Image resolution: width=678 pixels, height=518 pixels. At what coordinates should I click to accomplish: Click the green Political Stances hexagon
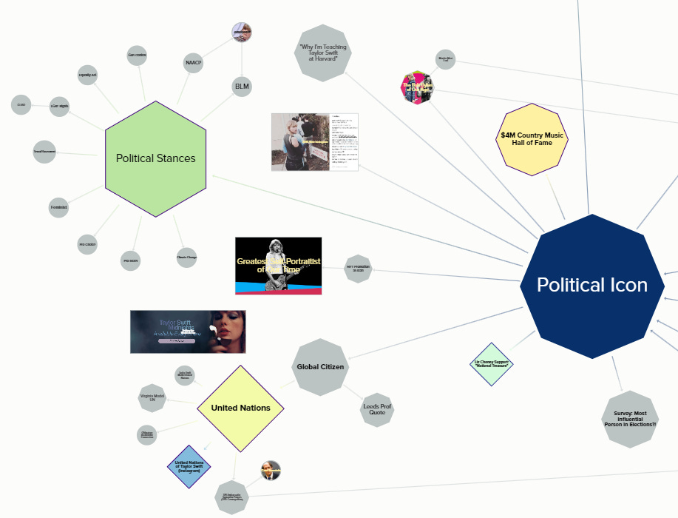click(x=155, y=158)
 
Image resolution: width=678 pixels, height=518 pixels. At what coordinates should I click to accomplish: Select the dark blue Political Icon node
click(x=591, y=286)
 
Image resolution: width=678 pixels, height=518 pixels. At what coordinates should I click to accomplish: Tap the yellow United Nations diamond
click(x=240, y=408)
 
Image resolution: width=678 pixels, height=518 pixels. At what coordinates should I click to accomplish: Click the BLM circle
click(x=242, y=87)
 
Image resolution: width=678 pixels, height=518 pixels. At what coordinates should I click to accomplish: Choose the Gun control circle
click(x=136, y=54)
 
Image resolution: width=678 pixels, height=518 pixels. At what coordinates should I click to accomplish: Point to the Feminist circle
click(x=59, y=208)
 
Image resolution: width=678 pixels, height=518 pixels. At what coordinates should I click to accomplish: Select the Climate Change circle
click(x=186, y=258)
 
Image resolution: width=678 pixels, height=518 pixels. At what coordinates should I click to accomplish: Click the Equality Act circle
click(x=88, y=75)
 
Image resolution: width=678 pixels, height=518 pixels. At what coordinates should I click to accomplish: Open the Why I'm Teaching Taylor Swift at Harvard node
click(x=322, y=53)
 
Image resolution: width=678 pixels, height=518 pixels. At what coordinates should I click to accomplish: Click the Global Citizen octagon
click(x=320, y=367)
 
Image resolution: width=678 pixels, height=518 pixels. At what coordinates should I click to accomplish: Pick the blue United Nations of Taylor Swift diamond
click(x=189, y=466)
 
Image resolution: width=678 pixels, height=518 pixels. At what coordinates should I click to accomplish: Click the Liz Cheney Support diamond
click(x=492, y=364)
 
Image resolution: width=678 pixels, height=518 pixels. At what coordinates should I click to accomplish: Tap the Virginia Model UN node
click(x=152, y=398)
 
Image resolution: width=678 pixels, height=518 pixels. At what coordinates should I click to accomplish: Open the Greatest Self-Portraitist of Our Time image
click(x=278, y=266)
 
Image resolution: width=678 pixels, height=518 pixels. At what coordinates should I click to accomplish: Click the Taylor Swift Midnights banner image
click(x=188, y=332)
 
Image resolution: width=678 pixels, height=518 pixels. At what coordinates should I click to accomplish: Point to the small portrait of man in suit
click(x=270, y=471)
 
